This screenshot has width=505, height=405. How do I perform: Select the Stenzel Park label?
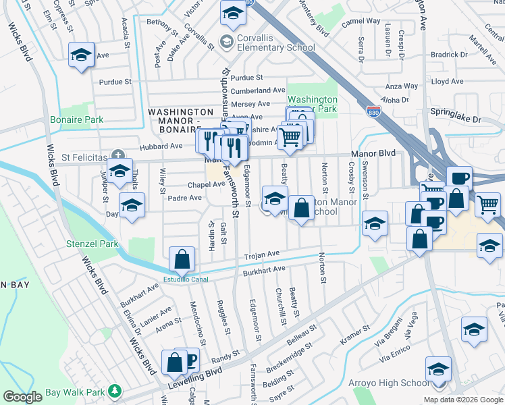point(92,244)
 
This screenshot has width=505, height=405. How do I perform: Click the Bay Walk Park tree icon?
point(115,391)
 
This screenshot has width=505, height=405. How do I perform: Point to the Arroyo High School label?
point(388,383)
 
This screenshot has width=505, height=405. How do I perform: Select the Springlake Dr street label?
point(457,119)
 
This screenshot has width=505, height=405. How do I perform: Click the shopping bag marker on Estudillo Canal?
point(182,259)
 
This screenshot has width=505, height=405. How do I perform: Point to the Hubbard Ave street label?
point(161,146)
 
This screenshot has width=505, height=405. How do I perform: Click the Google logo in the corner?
point(23,396)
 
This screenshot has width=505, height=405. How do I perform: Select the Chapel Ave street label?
point(187,184)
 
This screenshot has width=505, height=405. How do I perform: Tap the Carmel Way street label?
point(361,22)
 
